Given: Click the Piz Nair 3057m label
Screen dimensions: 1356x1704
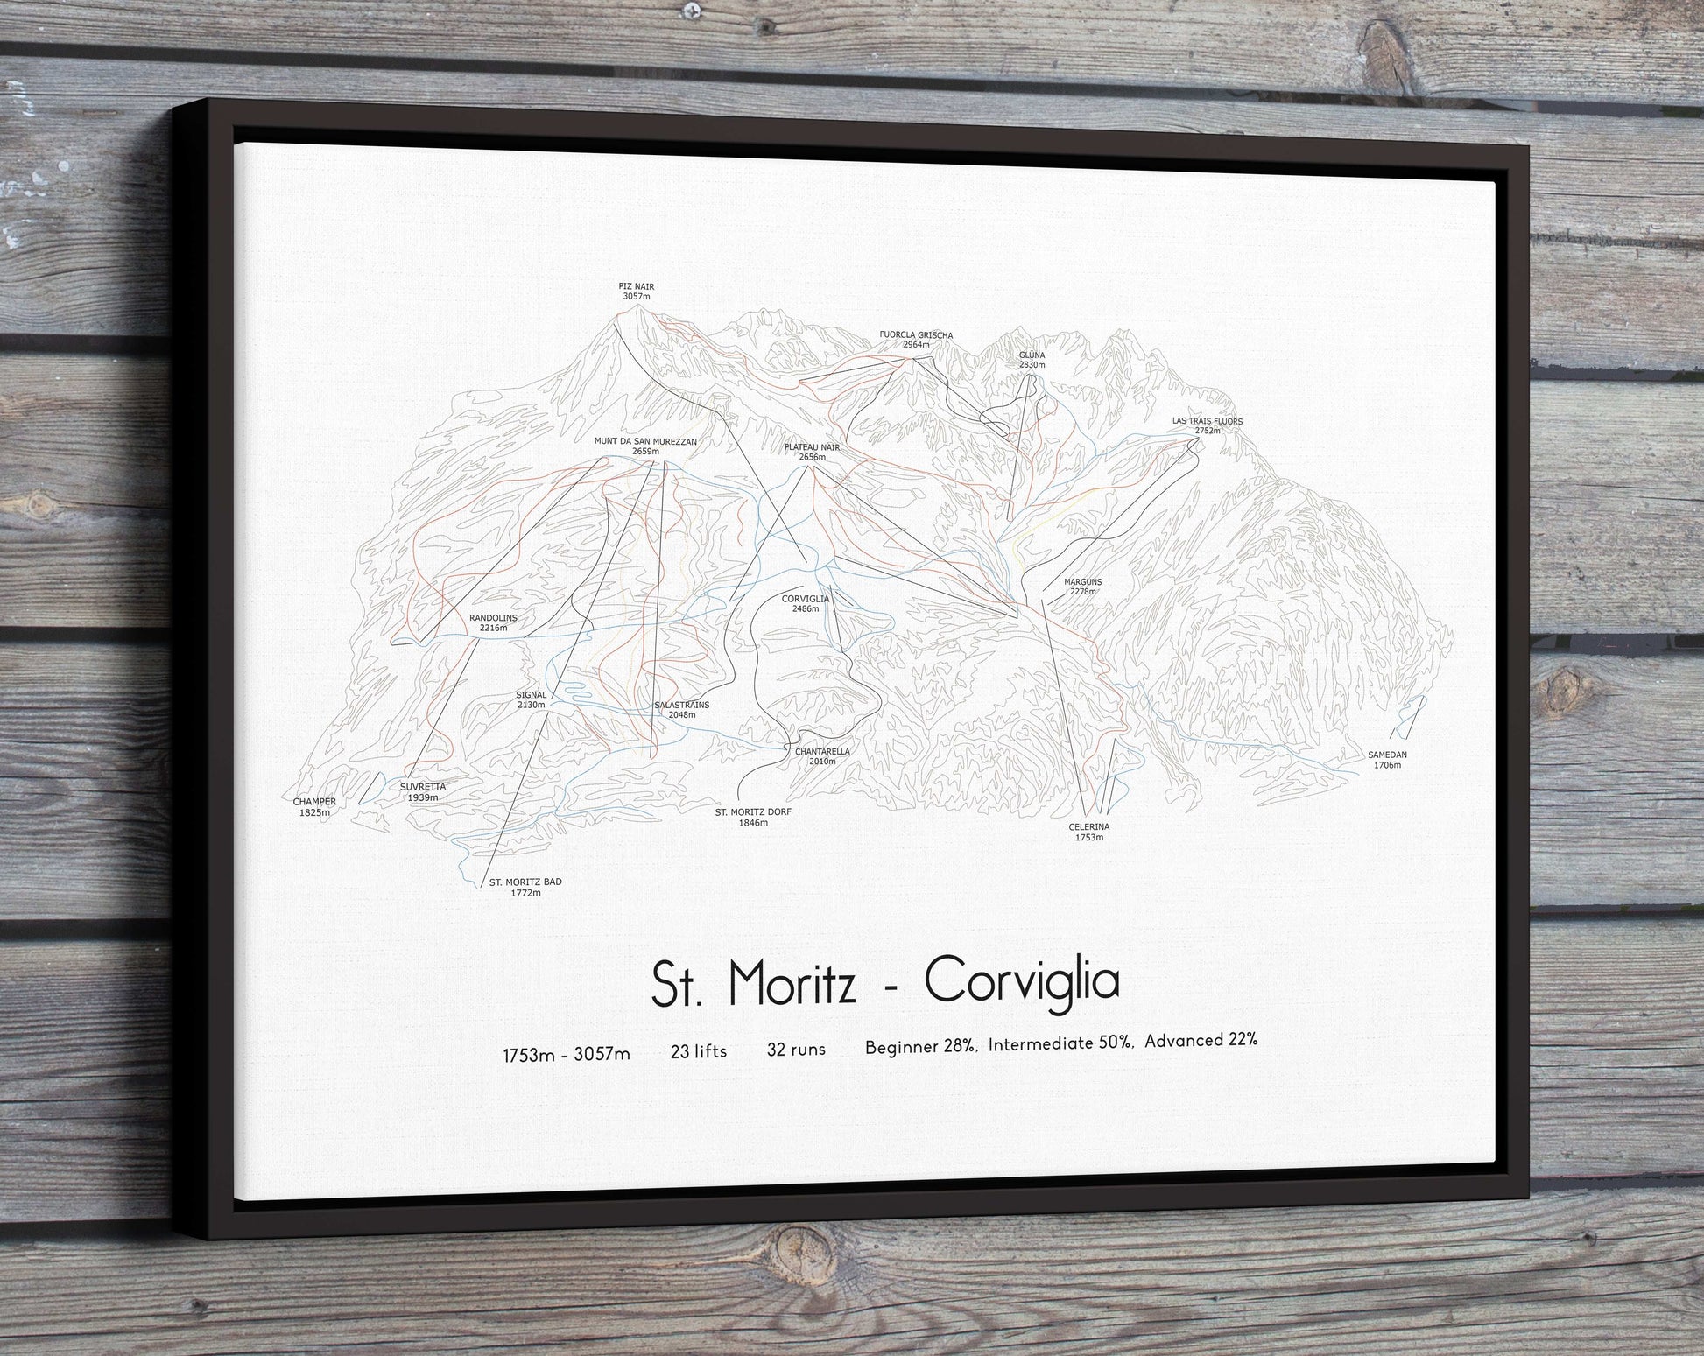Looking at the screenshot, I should pos(637,292).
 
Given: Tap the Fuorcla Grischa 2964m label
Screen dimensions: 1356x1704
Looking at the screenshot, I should pos(916,340).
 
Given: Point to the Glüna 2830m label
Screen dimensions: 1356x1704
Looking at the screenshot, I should pos(1032,360).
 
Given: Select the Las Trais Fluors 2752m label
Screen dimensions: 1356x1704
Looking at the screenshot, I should pos(1207,425).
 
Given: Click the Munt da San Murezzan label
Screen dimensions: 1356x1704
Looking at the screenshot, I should pos(645,446).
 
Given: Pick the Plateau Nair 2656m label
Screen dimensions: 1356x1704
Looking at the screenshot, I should pos(812,452).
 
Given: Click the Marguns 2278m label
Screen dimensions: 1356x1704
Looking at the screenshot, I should pos(1082,587).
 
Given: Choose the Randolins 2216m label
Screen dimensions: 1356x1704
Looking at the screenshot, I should pos(493,622).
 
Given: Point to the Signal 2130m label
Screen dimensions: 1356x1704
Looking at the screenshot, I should pos(531,699).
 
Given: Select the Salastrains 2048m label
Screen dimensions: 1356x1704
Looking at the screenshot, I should pos(681,709).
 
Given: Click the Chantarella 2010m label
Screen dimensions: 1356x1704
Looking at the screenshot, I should pos(821,756).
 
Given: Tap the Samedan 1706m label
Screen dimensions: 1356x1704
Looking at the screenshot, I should pos(1387,759).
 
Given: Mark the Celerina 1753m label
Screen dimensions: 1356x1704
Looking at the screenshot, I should pos(1088,832).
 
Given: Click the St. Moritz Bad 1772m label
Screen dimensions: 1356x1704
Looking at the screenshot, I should pos(525,887).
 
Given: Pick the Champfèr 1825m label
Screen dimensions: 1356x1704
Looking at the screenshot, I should pos(314,806).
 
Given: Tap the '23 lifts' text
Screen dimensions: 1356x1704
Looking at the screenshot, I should pos(698,1051).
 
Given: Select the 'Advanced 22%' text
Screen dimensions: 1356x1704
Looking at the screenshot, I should pos(1201,1041).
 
